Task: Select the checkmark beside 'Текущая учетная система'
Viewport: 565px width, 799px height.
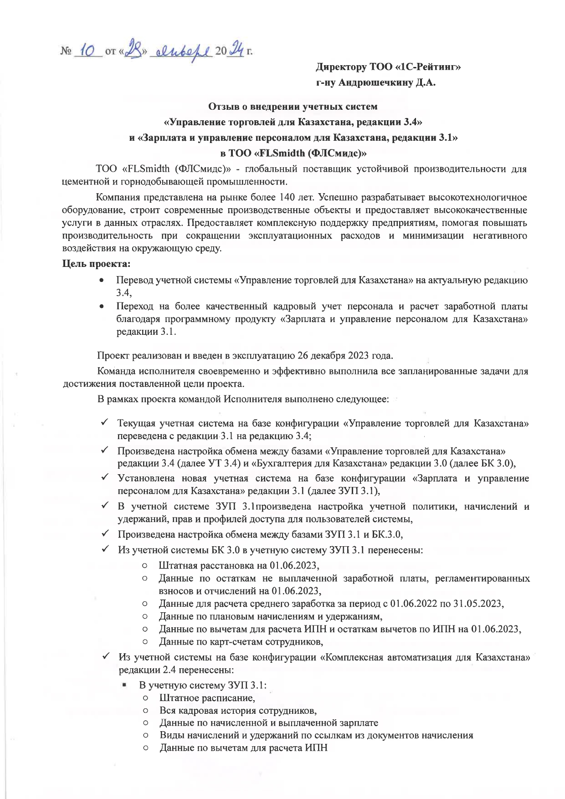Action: pyautogui.click(x=104, y=423)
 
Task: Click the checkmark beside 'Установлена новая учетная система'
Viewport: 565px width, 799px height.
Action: pyautogui.click(x=104, y=478)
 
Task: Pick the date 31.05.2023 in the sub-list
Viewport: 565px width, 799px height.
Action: pyautogui.click(x=478, y=604)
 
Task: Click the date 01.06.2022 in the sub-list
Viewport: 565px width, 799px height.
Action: pyautogui.click(x=414, y=604)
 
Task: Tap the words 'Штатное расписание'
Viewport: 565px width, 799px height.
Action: pyautogui.click(x=207, y=698)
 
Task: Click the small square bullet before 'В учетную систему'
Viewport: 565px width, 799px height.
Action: pyautogui.click(x=124, y=685)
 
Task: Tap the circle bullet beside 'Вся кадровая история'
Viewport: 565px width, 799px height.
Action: pyautogui.click(x=145, y=711)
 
